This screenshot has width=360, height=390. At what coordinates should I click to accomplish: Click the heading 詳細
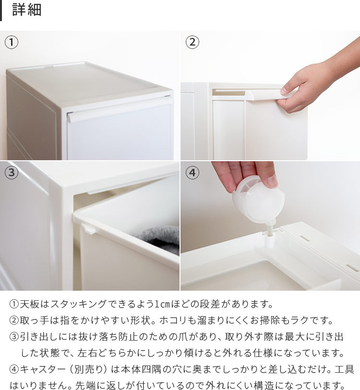click(x=26, y=10)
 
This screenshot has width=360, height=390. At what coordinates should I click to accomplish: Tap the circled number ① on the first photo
click(x=12, y=42)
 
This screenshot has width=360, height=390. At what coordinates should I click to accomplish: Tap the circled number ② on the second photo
click(x=192, y=42)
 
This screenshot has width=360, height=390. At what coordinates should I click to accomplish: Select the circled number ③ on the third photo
click(x=12, y=172)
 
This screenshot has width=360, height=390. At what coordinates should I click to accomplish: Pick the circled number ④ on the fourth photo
click(x=192, y=172)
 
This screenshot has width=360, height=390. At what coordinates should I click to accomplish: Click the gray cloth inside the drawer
click(x=159, y=239)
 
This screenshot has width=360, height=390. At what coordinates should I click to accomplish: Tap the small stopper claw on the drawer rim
click(x=90, y=229)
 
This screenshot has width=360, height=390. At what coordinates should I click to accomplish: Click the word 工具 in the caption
click(x=344, y=369)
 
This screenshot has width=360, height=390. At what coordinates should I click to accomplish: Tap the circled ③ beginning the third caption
click(x=14, y=337)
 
